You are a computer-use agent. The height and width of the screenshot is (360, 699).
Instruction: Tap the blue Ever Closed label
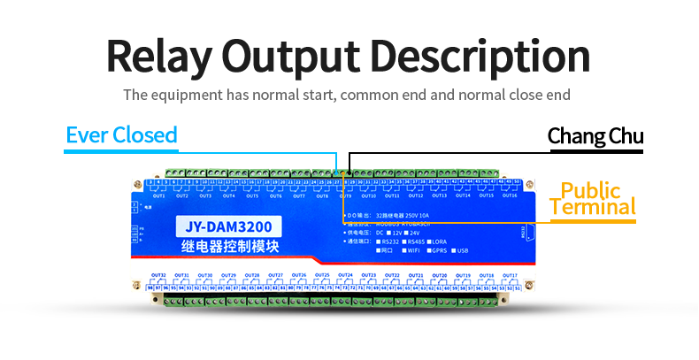coord(121,135)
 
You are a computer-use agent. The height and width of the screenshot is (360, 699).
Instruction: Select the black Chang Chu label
coord(595,136)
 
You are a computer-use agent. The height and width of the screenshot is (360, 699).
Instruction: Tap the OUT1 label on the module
coord(158,195)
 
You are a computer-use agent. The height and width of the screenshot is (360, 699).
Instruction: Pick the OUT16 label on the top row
coord(510,195)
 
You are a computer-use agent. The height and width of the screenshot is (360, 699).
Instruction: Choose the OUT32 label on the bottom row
coord(158,275)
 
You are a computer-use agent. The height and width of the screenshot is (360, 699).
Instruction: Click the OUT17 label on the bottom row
coord(510,275)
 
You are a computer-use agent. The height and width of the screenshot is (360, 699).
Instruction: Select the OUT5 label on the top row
coord(252,195)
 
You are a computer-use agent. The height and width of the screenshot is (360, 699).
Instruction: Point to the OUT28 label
coord(252,275)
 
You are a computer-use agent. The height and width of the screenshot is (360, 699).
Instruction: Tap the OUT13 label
coord(440,195)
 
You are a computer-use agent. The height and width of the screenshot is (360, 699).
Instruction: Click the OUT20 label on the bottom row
coord(440,275)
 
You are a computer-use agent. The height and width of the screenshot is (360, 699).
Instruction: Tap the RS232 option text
coord(388,241)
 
